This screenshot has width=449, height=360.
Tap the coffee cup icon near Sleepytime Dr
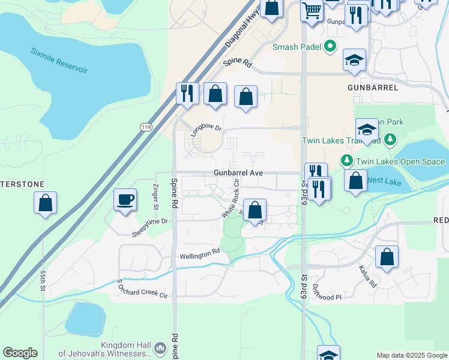point(125,200)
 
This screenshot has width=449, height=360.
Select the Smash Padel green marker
point(330,46)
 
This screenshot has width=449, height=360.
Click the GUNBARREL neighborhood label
point(373,88)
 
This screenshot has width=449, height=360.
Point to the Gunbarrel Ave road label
point(238,173)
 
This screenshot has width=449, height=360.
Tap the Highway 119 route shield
point(146,127)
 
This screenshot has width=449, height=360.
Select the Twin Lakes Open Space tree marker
point(346,161)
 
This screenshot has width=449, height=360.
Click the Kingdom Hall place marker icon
point(160,348)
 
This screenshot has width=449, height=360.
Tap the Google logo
point(20,353)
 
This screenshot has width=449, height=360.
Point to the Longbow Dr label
point(206,130)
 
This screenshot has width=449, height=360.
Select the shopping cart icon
point(312,10)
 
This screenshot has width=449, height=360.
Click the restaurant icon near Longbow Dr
point(187,94)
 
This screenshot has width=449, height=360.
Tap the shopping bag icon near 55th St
point(46,203)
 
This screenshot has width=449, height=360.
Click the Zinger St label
point(154,197)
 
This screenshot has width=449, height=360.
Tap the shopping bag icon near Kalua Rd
point(387,257)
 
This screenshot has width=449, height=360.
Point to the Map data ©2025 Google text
point(412,355)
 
